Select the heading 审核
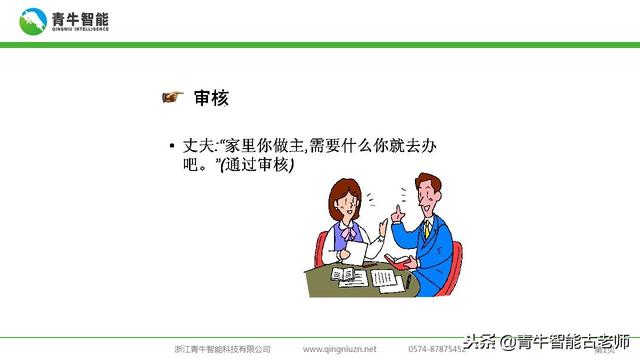coord(212,97)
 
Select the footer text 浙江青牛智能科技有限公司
coord(222,349)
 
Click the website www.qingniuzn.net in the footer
coord(340,349)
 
